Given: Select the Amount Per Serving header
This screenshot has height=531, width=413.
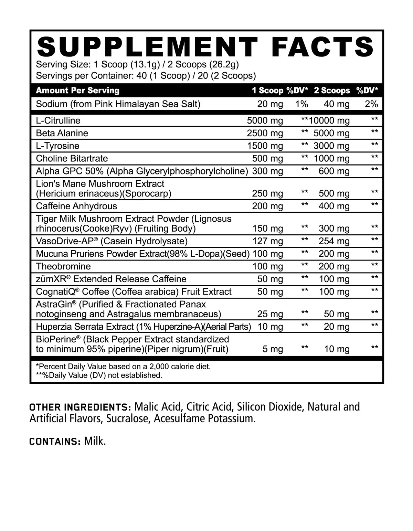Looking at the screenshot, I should pos(78,91).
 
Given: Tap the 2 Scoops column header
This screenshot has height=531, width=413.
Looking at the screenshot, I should pos(332,91).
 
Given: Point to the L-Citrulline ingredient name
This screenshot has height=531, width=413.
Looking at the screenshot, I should pos(58,120).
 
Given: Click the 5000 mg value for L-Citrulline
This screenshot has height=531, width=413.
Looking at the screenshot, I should pos(265,120).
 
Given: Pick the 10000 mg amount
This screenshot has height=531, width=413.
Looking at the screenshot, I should pos(329,120).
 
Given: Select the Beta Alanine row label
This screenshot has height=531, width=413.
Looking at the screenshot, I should pos(62,133).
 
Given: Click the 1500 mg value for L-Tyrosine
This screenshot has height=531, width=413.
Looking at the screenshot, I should pos(265,146).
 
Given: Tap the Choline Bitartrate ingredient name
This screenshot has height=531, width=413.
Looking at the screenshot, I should pos(72,158).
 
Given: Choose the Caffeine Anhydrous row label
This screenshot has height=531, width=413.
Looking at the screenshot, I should pos(76,206).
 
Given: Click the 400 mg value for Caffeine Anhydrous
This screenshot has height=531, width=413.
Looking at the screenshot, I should pos(334,206).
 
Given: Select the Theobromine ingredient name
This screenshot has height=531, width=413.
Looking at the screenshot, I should pos(63,266).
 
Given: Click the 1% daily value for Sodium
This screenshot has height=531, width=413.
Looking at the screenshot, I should pos(302,104).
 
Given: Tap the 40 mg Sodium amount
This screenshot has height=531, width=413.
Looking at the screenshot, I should pos(337,104).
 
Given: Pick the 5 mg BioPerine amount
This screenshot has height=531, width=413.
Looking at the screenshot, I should pos(273,349).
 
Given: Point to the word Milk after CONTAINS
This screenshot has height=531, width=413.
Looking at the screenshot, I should pos(95,441).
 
